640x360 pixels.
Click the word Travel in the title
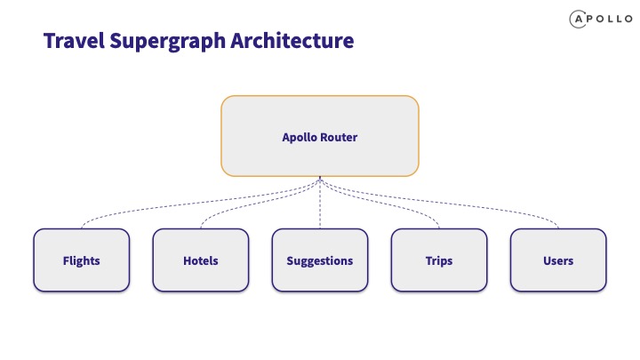point(74,41)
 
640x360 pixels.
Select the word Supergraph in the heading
point(167,42)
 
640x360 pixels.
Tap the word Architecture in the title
point(292,40)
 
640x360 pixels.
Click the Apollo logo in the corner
point(601,19)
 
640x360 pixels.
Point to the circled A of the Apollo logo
point(578,20)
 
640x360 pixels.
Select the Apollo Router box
point(320,136)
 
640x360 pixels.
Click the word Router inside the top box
point(339,137)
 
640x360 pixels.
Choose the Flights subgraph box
point(82,260)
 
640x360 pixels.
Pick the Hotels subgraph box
point(201,260)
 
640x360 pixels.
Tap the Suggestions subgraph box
point(320,260)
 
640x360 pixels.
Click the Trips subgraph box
point(439,260)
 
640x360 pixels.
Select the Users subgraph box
point(558,260)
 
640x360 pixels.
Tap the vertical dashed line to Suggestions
point(320,203)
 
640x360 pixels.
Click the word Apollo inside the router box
point(300,138)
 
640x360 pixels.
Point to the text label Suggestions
point(320,260)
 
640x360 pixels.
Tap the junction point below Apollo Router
point(320,178)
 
